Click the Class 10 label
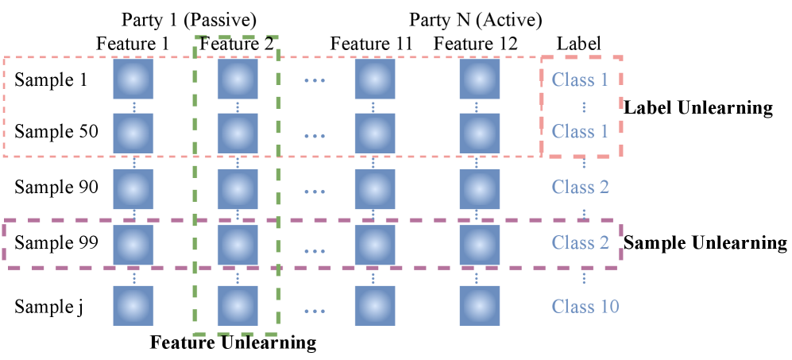click(x=585, y=307)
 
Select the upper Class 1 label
click(x=580, y=79)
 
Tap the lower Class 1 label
click(x=580, y=132)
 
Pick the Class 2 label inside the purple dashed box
click(x=581, y=243)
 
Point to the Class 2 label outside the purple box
click(x=581, y=188)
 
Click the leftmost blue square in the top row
click(x=133, y=79)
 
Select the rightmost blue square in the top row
click(x=479, y=79)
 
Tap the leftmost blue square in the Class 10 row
click(x=133, y=305)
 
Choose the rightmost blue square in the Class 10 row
click(x=479, y=305)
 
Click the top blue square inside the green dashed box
click(x=238, y=79)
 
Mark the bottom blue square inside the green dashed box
click(x=238, y=305)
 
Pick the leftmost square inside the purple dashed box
click(x=133, y=245)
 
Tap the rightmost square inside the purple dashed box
click(x=479, y=245)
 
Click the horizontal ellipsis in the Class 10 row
click(x=315, y=310)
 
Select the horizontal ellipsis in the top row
click(x=315, y=80)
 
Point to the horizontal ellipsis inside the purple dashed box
click(x=315, y=251)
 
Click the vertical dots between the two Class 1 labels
click(x=584, y=106)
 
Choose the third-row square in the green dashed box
click(x=238, y=189)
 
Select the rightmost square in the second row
click(x=479, y=133)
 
